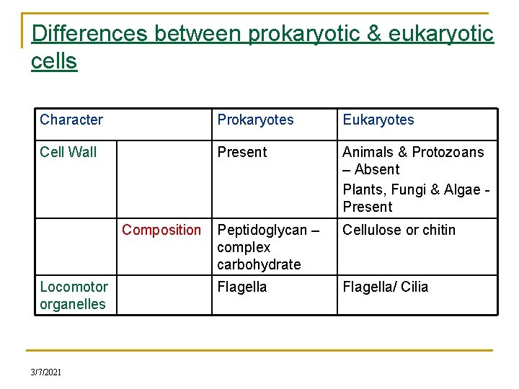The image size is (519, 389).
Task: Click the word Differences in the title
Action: coord(89,34)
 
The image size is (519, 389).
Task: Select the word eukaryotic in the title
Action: coord(440,34)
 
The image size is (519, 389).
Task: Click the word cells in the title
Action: coord(54,61)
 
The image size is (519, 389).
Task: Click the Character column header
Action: coord(71,120)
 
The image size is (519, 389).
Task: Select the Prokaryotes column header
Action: coord(255,120)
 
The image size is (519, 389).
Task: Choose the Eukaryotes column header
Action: coord(378,120)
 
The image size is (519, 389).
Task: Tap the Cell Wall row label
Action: coord(68,152)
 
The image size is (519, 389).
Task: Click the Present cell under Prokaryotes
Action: coord(242,152)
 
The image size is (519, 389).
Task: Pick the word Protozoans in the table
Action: coord(448,152)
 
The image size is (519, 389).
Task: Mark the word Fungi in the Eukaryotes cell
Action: coord(410,189)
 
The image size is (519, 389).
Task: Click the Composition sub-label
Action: coord(161,230)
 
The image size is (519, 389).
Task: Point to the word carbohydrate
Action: coord(259,264)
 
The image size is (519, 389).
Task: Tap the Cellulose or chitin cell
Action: coord(399,230)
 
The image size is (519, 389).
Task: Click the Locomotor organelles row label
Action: coord(74,295)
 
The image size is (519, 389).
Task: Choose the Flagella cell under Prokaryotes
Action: coord(242,287)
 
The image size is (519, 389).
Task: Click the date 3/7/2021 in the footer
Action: coord(46,372)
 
